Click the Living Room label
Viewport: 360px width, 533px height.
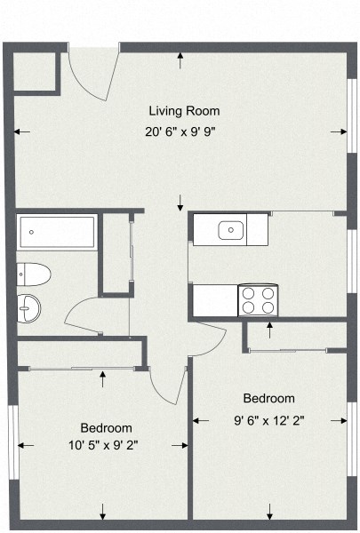tap(183, 111)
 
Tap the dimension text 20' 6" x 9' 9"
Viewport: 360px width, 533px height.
tap(181, 131)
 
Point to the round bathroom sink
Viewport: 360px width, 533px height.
tap(29, 308)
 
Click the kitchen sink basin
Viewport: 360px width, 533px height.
tap(230, 230)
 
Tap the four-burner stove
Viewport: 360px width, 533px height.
tap(258, 300)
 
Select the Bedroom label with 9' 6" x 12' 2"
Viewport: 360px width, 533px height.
tap(268, 399)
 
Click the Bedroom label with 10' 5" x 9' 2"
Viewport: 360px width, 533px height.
tap(106, 427)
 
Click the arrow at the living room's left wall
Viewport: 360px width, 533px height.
tap(22, 132)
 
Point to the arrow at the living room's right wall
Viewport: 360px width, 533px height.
tap(339, 131)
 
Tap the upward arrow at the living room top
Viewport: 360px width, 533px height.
tap(181, 60)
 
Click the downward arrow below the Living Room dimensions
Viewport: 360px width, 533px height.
tap(181, 200)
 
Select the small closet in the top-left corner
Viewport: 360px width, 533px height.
tap(36, 71)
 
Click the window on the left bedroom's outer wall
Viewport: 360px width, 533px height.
tap(12, 432)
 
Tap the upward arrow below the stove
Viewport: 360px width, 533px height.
tap(269, 331)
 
